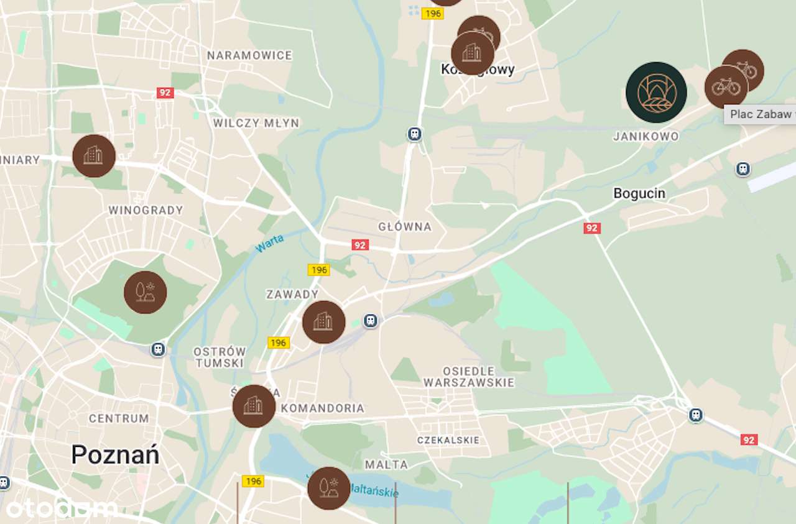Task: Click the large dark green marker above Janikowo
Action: (656, 92)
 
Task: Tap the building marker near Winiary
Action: (94, 156)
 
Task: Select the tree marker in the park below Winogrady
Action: (145, 292)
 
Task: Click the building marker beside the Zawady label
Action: (323, 322)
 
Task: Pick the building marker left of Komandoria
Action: (254, 406)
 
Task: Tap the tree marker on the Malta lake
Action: (328, 489)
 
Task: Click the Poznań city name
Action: (115, 455)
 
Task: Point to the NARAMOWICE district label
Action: (249, 55)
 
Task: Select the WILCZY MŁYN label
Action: (256, 123)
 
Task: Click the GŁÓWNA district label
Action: (405, 227)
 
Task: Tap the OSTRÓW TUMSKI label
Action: (220, 357)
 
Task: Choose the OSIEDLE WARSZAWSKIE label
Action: (469, 377)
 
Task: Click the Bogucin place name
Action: (639, 193)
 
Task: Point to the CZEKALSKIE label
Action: (448, 440)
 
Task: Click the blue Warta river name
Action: (269, 243)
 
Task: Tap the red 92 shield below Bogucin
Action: (591, 228)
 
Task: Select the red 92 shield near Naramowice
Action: (164, 93)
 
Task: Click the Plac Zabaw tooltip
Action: (760, 114)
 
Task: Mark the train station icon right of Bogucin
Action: (743, 169)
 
